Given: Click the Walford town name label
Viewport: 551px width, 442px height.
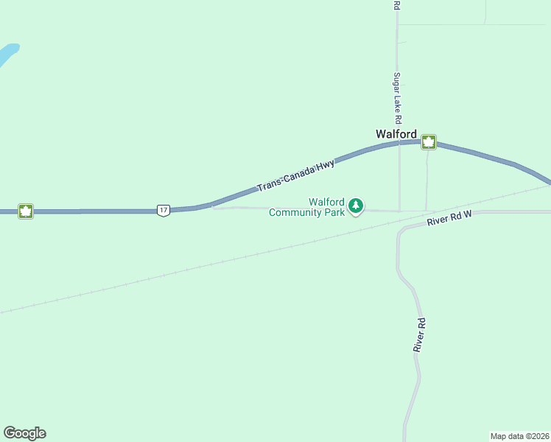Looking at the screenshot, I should coord(396,134).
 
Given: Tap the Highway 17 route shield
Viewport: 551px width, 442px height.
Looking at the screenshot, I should coord(163,211).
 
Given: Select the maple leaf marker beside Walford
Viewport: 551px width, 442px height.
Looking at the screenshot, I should coord(429,142).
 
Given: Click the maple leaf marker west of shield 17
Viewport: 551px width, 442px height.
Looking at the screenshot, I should coord(26,211).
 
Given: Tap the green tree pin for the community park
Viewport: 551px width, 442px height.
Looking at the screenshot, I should coord(357,206).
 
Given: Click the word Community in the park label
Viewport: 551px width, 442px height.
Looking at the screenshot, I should coord(296,213).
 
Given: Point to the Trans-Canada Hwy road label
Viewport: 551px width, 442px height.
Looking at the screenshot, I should coord(295,176).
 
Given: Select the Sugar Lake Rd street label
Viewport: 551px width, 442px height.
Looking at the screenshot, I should coord(397,98).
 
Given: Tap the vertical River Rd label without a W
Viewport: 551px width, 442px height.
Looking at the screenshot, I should coord(419,334).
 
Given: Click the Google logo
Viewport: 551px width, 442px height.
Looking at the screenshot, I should coord(24,433).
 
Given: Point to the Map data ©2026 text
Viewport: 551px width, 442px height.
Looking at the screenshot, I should coord(519,436).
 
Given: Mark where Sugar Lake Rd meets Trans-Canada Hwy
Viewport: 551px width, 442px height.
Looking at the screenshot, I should coord(399,144).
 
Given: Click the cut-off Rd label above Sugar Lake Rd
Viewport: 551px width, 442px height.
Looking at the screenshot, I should coord(396,4).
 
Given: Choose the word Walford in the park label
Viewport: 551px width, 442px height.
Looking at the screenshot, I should coord(327,202).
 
